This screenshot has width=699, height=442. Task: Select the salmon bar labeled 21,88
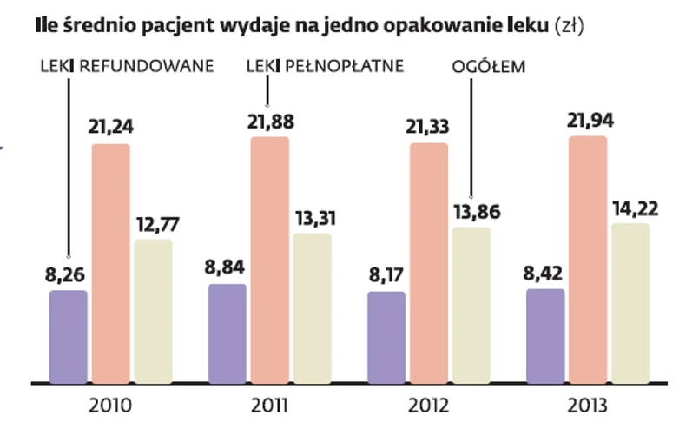[270, 260]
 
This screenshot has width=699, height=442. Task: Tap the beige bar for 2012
[471, 305]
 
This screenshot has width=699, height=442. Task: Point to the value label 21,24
[110, 127]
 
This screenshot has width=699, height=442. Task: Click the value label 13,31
[313, 217]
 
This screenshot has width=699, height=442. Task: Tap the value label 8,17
[386, 276]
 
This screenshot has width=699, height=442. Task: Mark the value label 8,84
[228, 268]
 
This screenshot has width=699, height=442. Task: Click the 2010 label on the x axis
[111, 406]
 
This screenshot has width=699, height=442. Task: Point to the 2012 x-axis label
[429, 406]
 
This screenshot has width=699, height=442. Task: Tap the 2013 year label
[589, 406]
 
